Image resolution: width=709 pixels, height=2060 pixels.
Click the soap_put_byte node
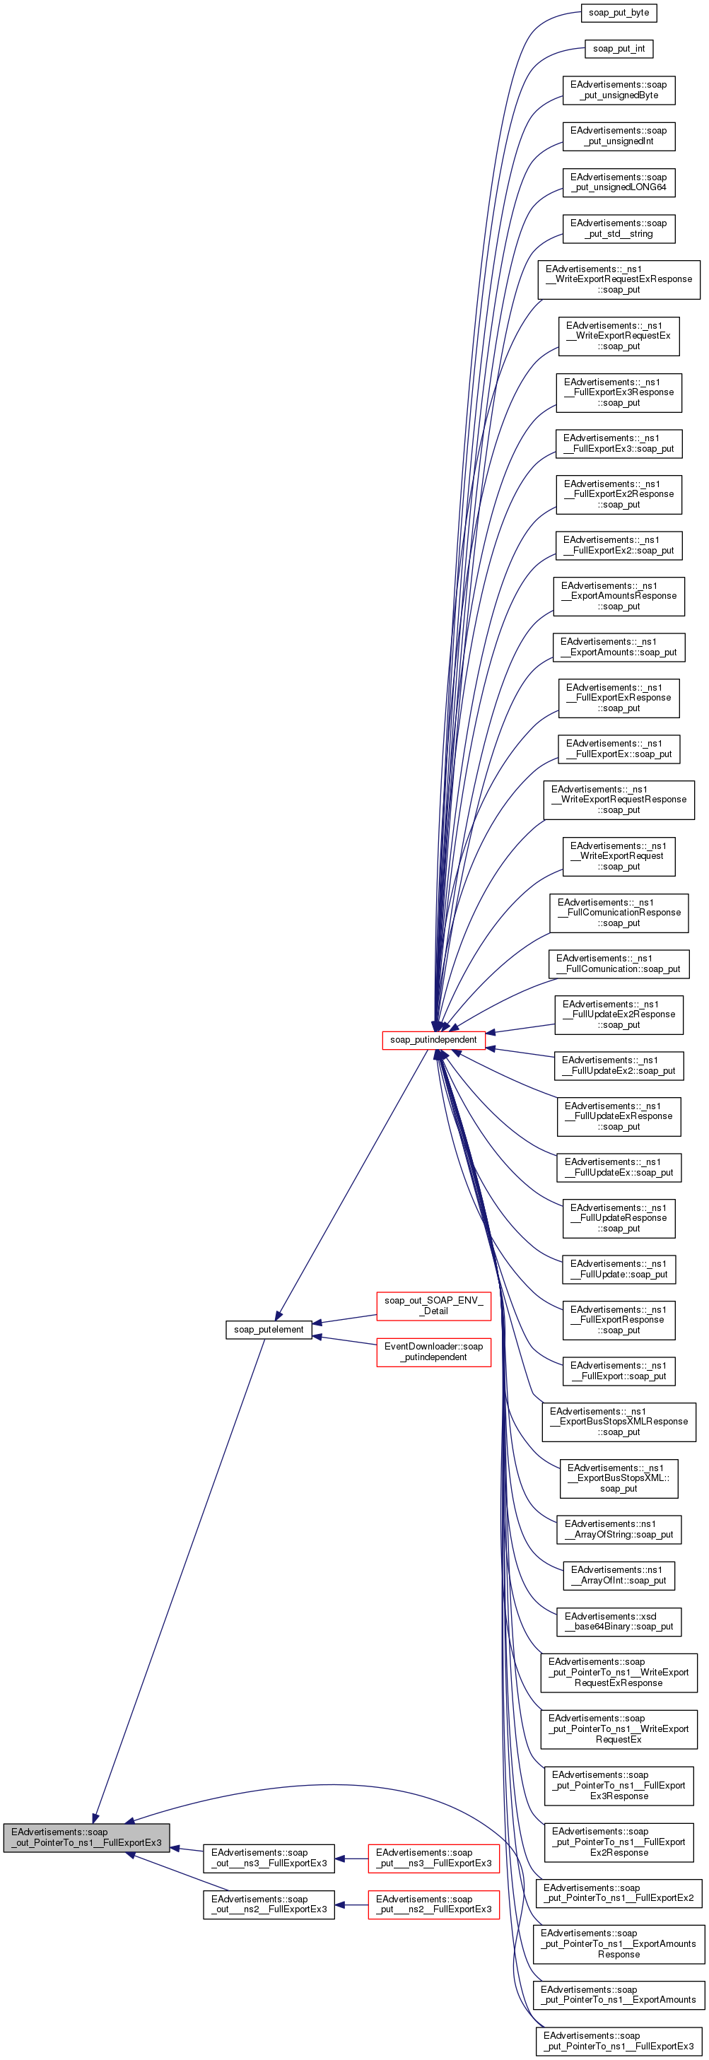click(x=618, y=13)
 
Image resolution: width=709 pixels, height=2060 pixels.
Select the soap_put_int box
click(x=618, y=49)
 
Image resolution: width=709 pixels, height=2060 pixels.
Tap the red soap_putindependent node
click(x=433, y=1040)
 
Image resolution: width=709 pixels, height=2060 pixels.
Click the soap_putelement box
click(x=269, y=1329)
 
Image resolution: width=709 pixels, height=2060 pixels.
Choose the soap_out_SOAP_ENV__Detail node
click(x=433, y=1305)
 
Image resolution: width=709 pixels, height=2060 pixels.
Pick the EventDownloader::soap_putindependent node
click(x=433, y=1352)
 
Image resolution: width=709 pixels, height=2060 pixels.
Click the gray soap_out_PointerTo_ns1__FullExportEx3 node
click(x=86, y=1837)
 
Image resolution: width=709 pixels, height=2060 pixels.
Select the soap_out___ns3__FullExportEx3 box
click(x=269, y=1858)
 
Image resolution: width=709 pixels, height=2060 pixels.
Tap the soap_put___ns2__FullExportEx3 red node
click(x=433, y=1904)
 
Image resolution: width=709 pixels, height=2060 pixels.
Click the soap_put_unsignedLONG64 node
click(x=618, y=182)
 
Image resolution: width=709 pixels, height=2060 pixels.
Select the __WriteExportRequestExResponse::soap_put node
click(x=618, y=279)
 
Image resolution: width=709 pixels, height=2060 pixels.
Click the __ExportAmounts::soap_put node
click(x=618, y=647)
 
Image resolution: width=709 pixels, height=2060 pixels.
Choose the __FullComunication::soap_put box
click(x=618, y=964)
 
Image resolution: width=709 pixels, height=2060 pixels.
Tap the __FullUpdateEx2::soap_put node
click(x=618, y=1065)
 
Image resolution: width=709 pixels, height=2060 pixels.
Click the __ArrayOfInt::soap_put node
click(x=618, y=1574)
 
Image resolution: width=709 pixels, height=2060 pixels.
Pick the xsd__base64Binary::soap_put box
click(x=618, y=1621)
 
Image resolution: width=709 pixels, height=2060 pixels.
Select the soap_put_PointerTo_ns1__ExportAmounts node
click(x=618, y=1994)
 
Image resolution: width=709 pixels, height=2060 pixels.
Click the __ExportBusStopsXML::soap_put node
click(x=618, y=1477)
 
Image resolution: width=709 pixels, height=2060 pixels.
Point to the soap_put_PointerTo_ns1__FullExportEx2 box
click(x=618, y=1893)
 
